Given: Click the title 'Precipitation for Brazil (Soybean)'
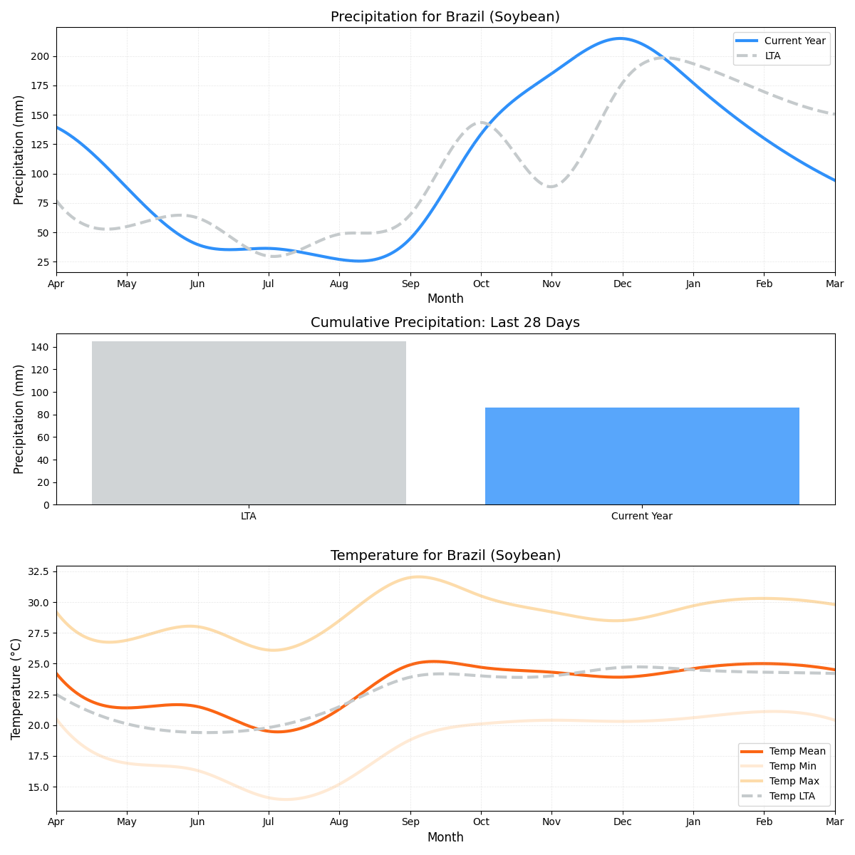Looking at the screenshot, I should pos(445,16).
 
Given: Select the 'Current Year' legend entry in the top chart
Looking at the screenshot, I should pos(794,41).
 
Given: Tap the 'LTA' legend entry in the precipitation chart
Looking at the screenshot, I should pos(772,56).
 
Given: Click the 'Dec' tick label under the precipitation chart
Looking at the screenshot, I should pos(622,284).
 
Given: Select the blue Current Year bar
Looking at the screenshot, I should pos(642,456).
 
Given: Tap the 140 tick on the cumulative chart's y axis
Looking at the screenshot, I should pos(41,347).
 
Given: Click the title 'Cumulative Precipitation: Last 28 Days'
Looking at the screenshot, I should pos(445,323).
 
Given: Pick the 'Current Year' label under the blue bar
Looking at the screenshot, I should pos(642,516).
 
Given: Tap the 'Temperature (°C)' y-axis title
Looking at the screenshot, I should pos(16,688).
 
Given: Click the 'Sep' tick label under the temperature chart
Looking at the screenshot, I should pos(410,823).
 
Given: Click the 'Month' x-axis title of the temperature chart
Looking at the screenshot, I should pos(445,837).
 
